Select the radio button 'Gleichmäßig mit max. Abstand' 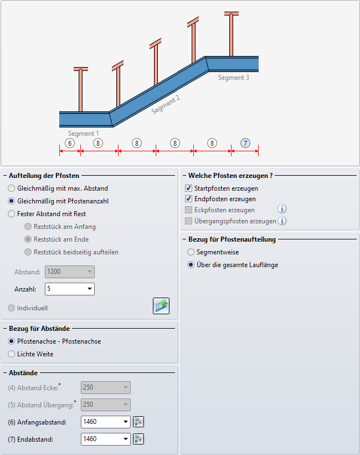11,188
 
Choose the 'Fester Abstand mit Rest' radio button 11,214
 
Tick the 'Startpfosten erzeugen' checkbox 188,188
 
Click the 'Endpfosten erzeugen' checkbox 188,199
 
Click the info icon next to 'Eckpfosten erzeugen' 282,209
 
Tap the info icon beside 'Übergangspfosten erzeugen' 282,221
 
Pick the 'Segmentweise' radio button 191,252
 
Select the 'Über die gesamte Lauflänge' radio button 191,265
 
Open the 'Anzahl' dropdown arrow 90,289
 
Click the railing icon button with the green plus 161,306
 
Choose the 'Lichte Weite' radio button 11,354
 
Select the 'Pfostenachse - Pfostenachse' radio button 11,341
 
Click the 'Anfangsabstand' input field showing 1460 101,422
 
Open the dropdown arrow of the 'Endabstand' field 126,439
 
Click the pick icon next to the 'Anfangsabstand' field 138,422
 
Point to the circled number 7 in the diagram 245,143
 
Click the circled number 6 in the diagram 70,143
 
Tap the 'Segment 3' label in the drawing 234,78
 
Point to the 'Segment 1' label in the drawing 84,134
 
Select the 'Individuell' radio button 11,308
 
